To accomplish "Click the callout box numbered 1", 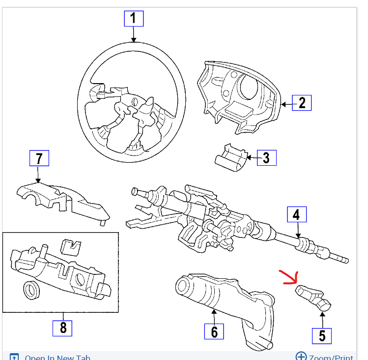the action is tap(133, 19).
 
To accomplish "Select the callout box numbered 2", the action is tap(302, 102).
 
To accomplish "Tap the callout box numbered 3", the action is tap(266, 158).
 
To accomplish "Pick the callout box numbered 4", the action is tap(296, 215).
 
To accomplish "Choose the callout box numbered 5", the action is tap(322, 335).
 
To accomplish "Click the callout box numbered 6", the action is tap(214, 332).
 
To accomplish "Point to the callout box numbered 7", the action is tap(39, 159).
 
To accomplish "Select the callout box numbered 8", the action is tap(62, 328).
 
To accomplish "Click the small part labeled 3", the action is tap(230, 157).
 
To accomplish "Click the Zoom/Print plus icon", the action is tap(301, 357).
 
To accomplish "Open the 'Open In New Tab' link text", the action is tap(57, 358).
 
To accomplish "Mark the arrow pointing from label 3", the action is tap(252, 158).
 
